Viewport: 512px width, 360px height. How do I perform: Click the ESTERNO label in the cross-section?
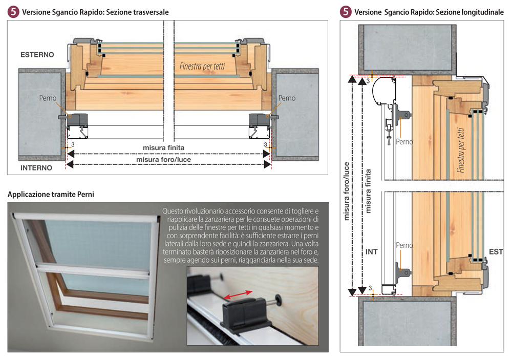(x=37, y=54)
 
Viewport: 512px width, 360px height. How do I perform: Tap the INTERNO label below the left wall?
(x=36, y=167)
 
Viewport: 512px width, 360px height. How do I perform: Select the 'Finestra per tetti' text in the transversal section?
(x=202, y=66)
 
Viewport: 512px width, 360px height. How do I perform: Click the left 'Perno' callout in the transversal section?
(x=48, y=98)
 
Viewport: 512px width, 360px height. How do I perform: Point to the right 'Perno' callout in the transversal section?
(x=287, y=98)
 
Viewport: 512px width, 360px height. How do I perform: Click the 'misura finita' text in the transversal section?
(x=163, y=147)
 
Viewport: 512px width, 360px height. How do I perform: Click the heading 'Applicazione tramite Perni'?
(x=51, y=194)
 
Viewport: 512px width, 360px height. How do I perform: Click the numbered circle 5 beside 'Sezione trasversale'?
(x=14, y=12)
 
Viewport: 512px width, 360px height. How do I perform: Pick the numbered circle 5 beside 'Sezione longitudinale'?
(x=346, y=12)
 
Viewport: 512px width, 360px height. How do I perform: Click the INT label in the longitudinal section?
(x=372, y=252)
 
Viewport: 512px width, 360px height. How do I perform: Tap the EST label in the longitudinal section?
(x=496, y=252)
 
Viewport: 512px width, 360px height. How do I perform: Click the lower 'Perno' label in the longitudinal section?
(x=404, y=246)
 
